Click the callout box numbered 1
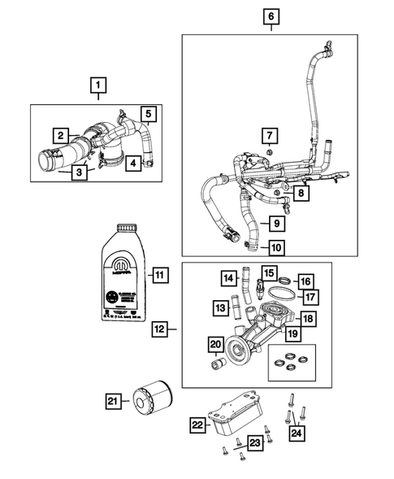point(97,84)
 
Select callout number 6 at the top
point(271,15)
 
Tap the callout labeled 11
point(159,275)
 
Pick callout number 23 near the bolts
point(255,442)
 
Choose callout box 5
point(149,114)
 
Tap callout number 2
point(60,135)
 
